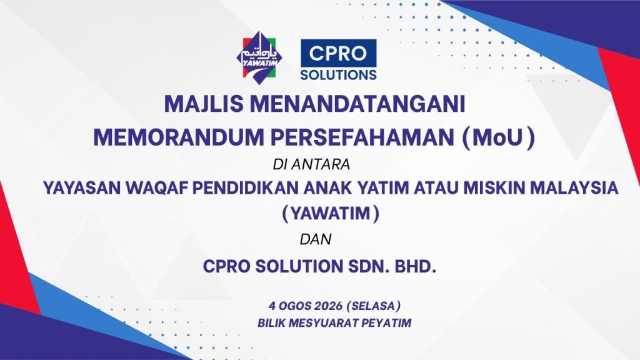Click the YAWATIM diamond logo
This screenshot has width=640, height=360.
pyautogui.click(x=259, y=57)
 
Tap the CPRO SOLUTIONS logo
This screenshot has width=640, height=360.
pyautogui.click(x=338, y=59)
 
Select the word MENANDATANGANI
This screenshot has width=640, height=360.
pyautogui.click(x=357, y=104)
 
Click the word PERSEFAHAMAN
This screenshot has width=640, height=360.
pyautogui.click(x=362, y=137)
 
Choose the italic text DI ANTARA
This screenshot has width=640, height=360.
pyautogui.click(x=311, y=164)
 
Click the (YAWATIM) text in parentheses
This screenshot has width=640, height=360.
pyautogui.click(x=331, y=214)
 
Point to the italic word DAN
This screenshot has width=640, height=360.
pyautogui.click(x=316, y=239)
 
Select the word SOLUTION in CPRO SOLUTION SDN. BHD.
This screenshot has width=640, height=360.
pyautogui.click(x=299, y=266)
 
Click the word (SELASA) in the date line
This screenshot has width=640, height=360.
pyautogui.click(x=374, y=306)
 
